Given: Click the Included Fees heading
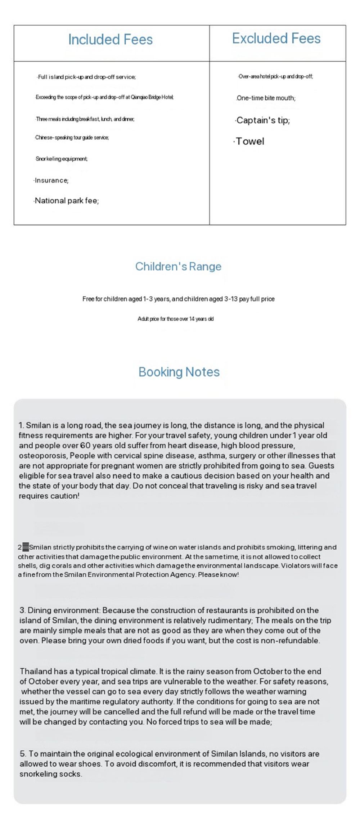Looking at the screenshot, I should [110, 40].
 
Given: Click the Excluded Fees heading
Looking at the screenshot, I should [276, 39].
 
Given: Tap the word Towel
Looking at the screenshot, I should [250, 141].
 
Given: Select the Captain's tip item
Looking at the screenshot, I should [263, 121].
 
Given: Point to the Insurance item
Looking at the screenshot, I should [51, 180].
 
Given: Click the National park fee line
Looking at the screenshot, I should [67, 201].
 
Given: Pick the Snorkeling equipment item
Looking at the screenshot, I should [62, 159].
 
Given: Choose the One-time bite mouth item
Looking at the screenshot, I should [266, 98].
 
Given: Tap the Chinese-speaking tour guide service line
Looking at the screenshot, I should [72, 137].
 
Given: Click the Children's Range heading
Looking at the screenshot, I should [178, 267].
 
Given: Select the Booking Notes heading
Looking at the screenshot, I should [179, 372].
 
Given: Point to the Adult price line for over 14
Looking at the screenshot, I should [176, 319].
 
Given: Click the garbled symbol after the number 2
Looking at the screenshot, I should [25, 547].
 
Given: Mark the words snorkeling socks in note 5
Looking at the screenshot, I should [51, 774].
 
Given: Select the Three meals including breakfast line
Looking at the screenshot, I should [85, 119].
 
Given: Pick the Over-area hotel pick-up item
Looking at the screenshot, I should [275, 77].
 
